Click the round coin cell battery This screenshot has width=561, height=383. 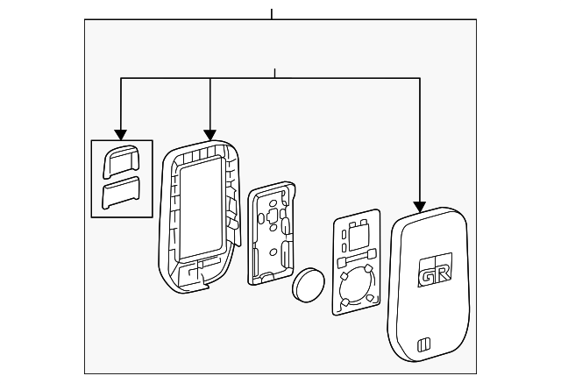click(309, 285)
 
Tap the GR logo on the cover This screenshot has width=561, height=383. click(435, 270)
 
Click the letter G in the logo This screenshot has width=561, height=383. click(427, 275)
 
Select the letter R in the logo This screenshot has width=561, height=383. click(443, 273)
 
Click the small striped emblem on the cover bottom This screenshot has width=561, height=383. click(424, 345)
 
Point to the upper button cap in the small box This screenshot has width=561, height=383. click(121, 161)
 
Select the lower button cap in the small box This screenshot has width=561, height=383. click(121, 193)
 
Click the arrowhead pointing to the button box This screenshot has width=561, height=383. click(121, 134)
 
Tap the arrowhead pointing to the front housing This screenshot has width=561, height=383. click(210, 135)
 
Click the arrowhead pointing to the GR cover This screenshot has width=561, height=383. click(419, 207)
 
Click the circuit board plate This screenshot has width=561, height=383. click(357, 262)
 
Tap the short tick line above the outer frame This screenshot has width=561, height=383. click(272, 14)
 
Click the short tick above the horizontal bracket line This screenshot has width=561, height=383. click(274, 73)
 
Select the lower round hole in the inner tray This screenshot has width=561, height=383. click(273, 252)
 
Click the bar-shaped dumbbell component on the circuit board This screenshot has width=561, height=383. click(357, 259)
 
